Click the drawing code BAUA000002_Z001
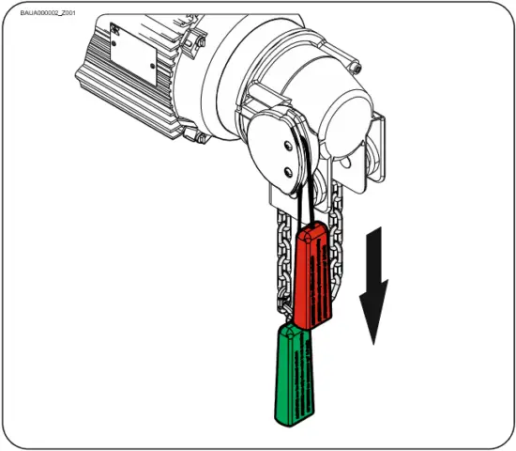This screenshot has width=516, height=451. (49, 13)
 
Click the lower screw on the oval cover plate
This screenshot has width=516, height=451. (285, 171)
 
